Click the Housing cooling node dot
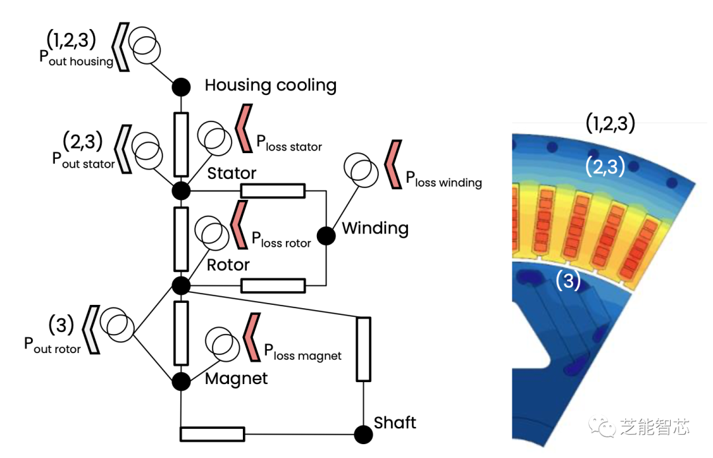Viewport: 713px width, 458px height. (181, 86)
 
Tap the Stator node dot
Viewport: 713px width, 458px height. (181, 191)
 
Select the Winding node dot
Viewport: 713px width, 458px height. (326, 236)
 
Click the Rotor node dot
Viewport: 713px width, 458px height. (181, 285)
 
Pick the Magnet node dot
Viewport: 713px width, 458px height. (181, 381)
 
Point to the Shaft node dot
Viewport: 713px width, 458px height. (363, 434)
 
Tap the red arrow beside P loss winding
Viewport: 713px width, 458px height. (394, 164)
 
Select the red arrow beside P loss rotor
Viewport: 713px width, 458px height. (238, 223)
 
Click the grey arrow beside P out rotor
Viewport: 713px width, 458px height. (92, 329)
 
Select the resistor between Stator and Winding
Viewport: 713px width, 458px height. (273, 191)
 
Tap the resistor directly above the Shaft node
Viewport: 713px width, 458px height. (363, 348)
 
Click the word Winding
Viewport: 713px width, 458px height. (375, 229)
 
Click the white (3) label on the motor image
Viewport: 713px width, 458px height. (567, 280)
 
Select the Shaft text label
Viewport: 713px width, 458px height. (395, 422)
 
